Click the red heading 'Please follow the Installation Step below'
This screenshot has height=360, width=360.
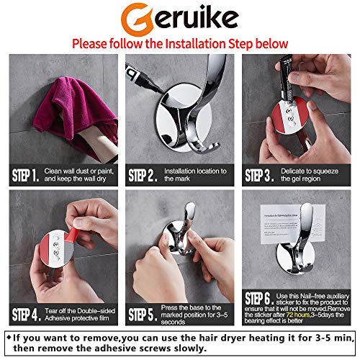tap(179, 42)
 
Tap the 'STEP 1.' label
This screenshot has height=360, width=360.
tap(27, 174)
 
